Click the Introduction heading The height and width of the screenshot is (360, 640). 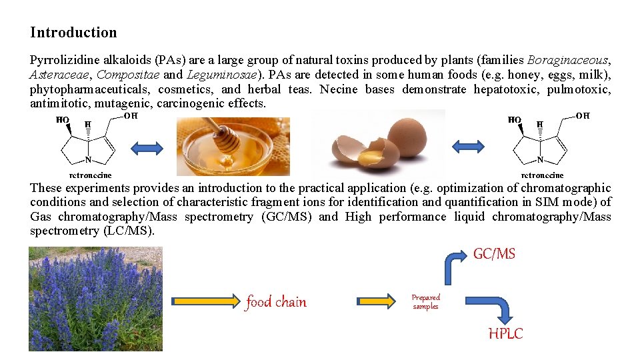pos(73,33)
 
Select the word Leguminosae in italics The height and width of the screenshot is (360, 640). pos(222,75)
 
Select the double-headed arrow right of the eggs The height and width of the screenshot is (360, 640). pos(468,146)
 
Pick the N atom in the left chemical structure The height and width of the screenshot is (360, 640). pos(88,161)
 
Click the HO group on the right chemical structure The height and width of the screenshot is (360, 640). pos(515,120)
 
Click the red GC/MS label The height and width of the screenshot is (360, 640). pos(494,254)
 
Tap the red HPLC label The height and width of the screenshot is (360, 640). pos(505,334)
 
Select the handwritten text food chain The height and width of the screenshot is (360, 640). pos(276,302)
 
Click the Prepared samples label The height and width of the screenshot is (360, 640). pos(425,302)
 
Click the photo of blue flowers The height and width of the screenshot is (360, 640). pos(95,299)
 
